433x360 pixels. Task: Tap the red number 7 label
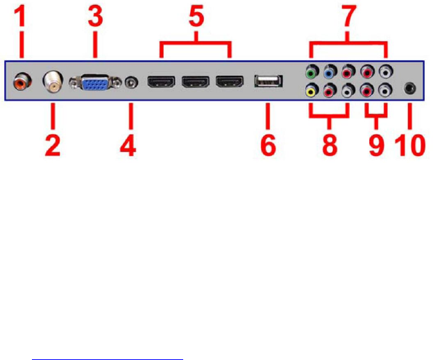tap(346, 17)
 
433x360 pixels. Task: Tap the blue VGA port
tap(94, 82)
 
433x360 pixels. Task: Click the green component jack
tap(312, 71)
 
